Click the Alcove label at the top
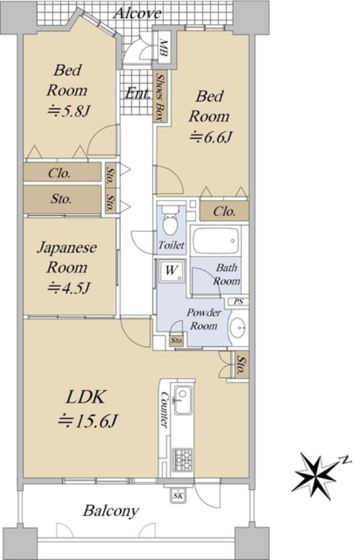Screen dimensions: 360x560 (x=137, y=14)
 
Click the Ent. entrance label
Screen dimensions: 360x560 (x=137, y=94)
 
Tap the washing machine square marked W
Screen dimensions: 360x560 (x=171, y=271)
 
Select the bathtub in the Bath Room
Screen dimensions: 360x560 (x=215, y=240)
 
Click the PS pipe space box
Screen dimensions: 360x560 (x=238, y=302)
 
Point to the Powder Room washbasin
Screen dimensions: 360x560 (x=238, y=326)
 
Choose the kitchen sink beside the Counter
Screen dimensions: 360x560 (x=182, y=401)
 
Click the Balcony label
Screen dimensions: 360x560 (x=110, y=511)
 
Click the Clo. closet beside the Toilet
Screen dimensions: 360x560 (x=224, y=212)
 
